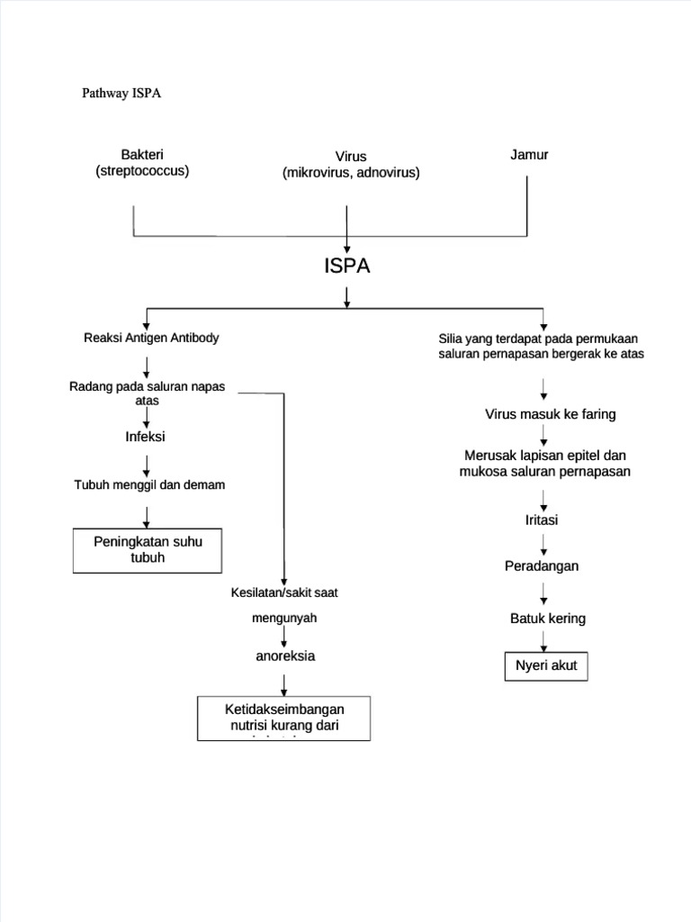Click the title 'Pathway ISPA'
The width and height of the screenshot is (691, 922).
coord(121,94)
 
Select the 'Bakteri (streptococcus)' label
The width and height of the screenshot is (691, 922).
coord(142,163)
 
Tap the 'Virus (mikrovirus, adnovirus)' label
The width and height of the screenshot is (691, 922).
coord(350,164)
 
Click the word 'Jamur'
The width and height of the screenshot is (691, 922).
coord(529,155)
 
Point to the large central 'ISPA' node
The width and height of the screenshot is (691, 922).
coord(346,267)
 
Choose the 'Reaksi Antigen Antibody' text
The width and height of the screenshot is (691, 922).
coord(150,338)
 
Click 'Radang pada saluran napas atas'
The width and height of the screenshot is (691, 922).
coord(147,393)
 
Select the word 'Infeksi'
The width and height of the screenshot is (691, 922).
coord(146,437)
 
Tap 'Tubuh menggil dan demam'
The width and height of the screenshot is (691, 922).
coord(149,485)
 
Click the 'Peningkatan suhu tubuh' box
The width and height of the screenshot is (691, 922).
coord(148,549)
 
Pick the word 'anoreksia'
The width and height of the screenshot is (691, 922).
coord(285,656)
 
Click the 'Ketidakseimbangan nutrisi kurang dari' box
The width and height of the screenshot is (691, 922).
coord(283,717)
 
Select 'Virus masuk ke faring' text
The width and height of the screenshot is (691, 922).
coord(550,414)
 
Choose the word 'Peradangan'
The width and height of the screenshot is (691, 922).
coord(541,565)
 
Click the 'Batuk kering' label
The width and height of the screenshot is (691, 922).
coord(547,619)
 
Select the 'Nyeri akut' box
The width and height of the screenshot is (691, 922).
coord(546,667)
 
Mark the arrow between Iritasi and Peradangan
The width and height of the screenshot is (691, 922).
coord(543,543)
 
